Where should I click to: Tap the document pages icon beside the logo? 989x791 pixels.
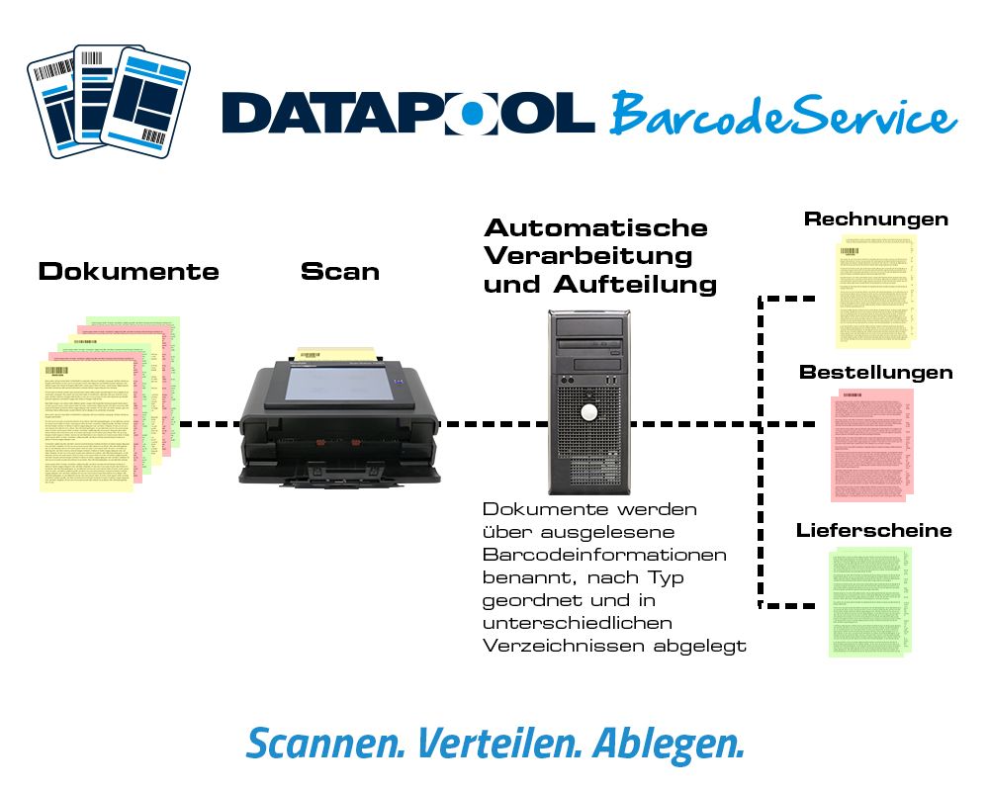(x=109, y=103)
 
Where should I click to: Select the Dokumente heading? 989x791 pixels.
(x=129, y=272)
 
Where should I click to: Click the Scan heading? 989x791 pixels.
(x=340, y=272)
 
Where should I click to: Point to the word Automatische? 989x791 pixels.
(x=595, y=228)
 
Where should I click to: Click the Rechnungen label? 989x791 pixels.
(x=876, y=220)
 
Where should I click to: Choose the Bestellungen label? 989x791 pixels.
(x=876, y=374)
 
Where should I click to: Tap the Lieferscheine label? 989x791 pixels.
(x=874, y=531)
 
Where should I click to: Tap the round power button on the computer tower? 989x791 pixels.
(x=589, y=410)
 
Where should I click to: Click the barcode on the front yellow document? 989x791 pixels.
(x=55, y=373)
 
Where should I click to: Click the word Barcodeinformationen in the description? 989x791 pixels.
(x=604, y=555)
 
